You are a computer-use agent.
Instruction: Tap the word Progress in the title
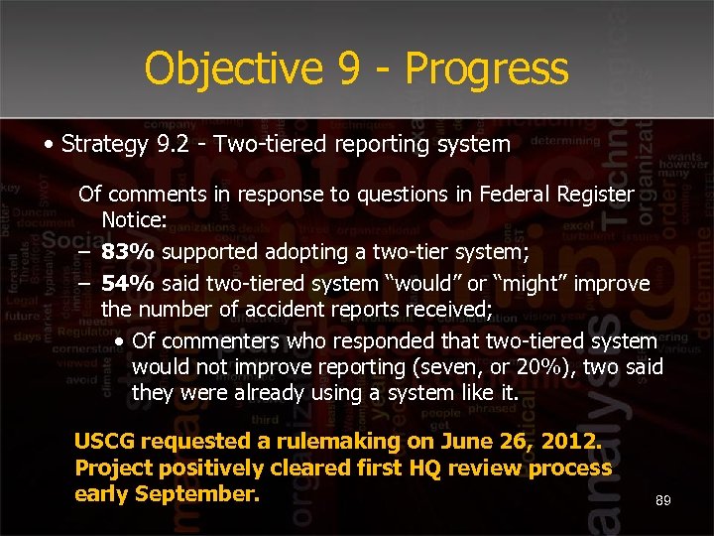click(487, 69)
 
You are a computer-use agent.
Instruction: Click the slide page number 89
click(663, 501)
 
